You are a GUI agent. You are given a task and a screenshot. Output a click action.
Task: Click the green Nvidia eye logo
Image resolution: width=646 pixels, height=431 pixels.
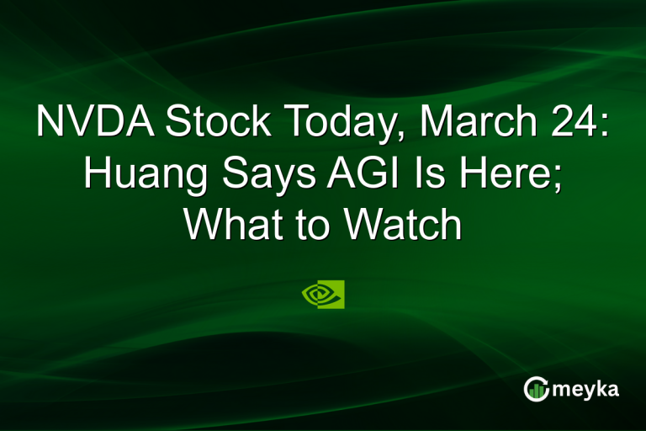(x=323, y=294)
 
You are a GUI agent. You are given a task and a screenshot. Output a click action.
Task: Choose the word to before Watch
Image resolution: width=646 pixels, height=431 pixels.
(x=312, y=224)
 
